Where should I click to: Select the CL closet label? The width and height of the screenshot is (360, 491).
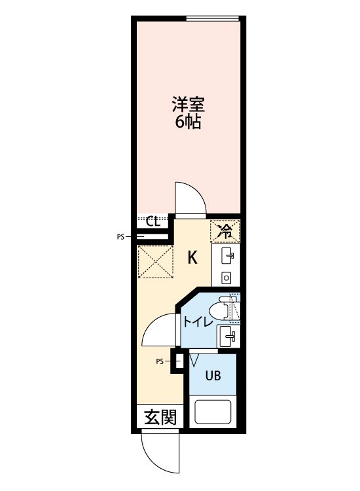pyautogui.click(x=153, y=221)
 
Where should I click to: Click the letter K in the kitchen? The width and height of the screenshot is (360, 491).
pyautogui.click(x=193, y=257)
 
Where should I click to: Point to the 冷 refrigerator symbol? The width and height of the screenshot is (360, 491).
pyautogui.click(x=225, y=230)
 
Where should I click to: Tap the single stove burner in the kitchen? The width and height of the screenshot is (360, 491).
pyautogui.click(x=226, y=277)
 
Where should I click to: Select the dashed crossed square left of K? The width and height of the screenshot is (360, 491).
pyautogui.click(x=154, y=261)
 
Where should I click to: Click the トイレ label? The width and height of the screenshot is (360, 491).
pyautogui.click(x=196, y=321)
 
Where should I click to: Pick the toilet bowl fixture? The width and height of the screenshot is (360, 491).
pyautogui.click(x=226, y=307)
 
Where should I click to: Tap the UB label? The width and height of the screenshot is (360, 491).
pyautogui.click(x=213, y=376)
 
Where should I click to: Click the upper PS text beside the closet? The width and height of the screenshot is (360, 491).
pyautogui.click(x=120, y=237)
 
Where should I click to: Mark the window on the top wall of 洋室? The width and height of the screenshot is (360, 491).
pyautogui.click(x=212, y=18)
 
